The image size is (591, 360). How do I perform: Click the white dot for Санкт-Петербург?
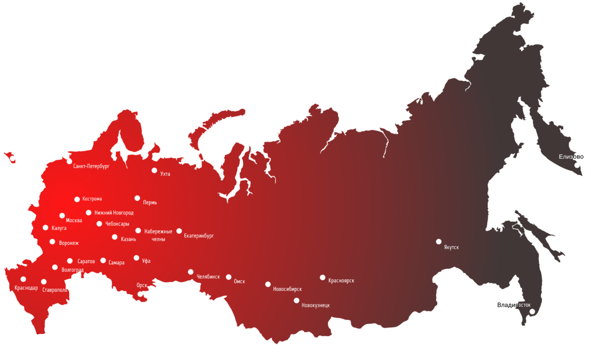[x=69, y=161]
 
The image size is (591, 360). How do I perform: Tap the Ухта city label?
[x=165, y=174]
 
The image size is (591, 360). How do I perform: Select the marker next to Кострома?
[x=77, y=199]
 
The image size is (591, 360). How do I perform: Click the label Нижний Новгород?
[x=114, y=213]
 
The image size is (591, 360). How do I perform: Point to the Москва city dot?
[x=62, y=216]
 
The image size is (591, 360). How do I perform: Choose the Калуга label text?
[x=59, y=228]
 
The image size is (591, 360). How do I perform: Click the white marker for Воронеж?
[x=52, y=242]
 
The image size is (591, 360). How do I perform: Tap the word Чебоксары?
[x=117, y=224]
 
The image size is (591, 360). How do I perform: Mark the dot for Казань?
[x=115, y=237]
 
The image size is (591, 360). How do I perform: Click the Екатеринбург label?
[x=199, y=236]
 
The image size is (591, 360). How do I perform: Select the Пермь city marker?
[x=137, y=198]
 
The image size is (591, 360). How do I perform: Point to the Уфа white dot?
[x=136, y=258]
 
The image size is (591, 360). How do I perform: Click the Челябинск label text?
[x=208, y=277]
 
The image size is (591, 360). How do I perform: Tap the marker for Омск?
[x=229, y=277]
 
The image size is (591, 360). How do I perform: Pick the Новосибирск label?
[x=287, y=289]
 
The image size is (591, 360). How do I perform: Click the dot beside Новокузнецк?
[x=297, y=301]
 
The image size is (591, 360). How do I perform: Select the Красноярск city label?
[x=341, y=281]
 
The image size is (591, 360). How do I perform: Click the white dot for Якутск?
[x=439, y=242]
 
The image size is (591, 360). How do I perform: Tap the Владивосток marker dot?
[x=532, y=311]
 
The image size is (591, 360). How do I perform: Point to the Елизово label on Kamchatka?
[x=571, y=157]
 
